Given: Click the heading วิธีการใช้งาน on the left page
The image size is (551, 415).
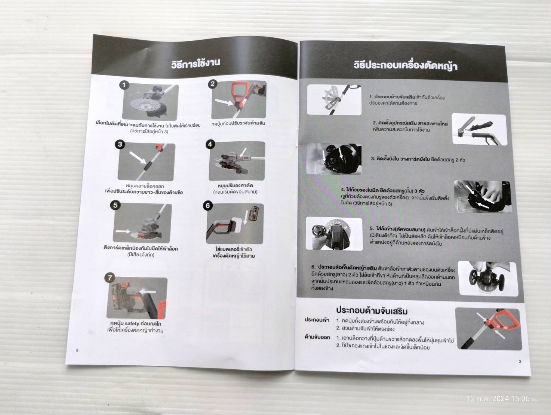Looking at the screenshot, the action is pyautogui.click(x=196, y=63).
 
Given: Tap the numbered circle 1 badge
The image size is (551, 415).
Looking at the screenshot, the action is pyautogui.click(x=124, y=85).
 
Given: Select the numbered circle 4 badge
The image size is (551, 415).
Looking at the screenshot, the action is pyautogui.click(x=210, y=144).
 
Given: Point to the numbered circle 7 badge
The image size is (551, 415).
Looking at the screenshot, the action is pyautogui.click(x=110, y=278).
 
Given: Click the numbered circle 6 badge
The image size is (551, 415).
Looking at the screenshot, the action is pyautogui.click(x=208, y=206).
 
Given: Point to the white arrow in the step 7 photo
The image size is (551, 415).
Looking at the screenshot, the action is pyautogui.click(x=148, y=291).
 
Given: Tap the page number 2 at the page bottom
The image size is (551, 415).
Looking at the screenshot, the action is pyautogui.click(x=77, y=350).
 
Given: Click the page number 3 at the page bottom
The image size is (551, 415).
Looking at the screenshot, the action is pyautogui.click(x=520, y=361).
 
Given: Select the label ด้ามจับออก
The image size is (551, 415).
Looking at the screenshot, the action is pyautogui.click(x=317, y=337).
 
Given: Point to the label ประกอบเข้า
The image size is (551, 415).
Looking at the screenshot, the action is pyautogui.click(x=317, y=320).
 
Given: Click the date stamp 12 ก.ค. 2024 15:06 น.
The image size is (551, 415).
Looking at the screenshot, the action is pyautogui.click(x=501, y=399).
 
